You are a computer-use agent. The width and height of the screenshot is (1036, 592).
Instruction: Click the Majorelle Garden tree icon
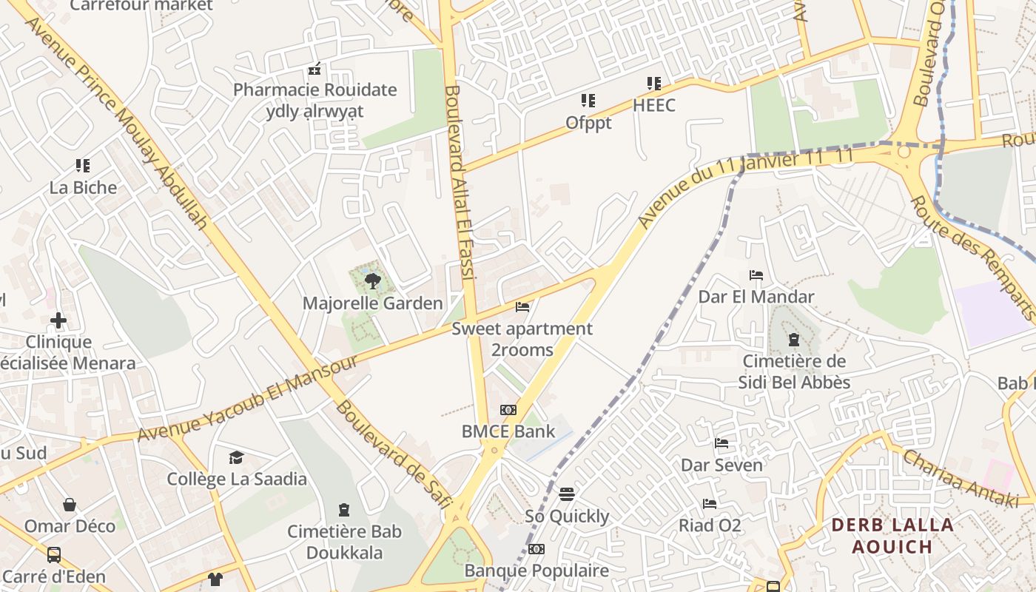(373, 280)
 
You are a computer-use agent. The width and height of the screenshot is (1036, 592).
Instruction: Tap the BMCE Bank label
(508, 431)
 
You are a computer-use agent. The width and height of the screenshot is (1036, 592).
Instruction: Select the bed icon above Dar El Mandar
(756, 275)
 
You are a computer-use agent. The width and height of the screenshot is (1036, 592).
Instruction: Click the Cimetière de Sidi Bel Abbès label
(794, 372)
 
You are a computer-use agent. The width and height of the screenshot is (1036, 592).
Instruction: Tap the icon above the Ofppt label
(588, 100)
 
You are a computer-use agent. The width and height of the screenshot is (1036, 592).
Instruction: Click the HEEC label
(654, 106)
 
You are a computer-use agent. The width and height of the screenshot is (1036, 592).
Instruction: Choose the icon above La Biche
(83, 166)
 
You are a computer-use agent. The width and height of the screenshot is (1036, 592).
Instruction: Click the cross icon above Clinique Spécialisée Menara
(58, 320)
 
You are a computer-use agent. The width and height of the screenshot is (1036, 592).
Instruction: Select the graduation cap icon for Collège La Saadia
(236, 457)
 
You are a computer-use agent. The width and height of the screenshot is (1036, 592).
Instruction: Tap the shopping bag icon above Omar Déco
(70, 505)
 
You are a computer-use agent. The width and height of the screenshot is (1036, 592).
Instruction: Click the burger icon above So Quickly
(567, 494)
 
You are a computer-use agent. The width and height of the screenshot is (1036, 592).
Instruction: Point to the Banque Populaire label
(536, 571)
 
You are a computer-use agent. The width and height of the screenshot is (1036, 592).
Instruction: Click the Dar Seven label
(721, 465)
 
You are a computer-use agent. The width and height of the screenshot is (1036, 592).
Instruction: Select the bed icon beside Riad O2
(710, 504)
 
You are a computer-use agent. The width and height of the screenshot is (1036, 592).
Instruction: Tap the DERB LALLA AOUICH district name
(881, 536)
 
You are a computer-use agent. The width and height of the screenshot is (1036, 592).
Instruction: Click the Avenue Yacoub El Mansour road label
(248, 400)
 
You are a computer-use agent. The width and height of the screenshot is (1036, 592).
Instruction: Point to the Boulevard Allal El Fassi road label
(459, 181)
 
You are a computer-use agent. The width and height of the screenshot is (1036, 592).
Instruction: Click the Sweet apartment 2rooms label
(522, 339)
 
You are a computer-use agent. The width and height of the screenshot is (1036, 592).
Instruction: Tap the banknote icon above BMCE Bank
(508, 410)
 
